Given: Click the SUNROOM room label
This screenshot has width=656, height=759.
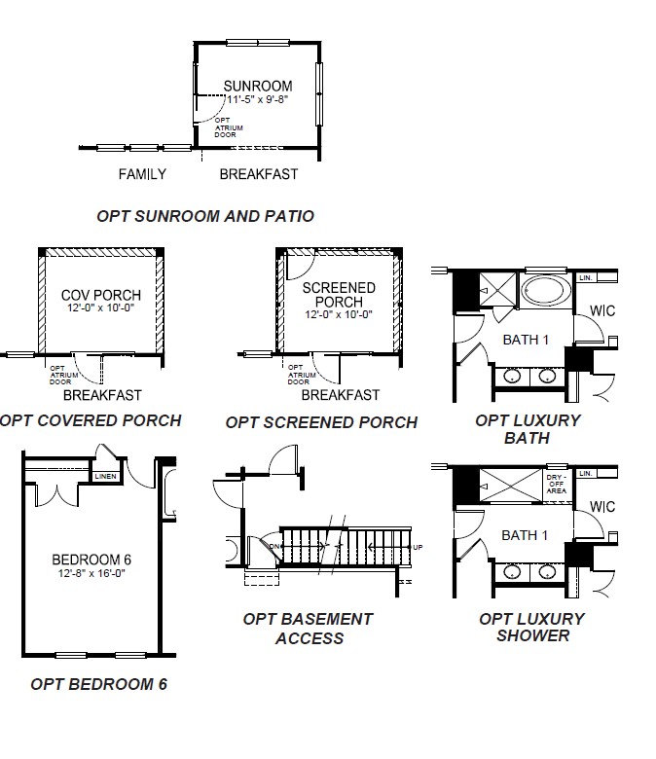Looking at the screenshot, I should coord(257,86).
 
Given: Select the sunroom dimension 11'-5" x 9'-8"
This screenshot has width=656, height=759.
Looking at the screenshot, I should coord(257,99).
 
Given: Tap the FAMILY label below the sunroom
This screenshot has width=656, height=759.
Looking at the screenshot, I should coord(142,175).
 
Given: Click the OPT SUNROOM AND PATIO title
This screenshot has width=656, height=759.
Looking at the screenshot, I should coord(205,216).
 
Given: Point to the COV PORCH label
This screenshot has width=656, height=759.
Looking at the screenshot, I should coord(100,295).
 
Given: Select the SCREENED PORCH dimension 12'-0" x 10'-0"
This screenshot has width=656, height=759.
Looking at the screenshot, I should coord(339,314).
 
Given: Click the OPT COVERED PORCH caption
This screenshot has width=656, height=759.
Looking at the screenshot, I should coord(91,420).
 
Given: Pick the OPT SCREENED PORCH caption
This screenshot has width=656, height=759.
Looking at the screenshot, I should coord(321,422).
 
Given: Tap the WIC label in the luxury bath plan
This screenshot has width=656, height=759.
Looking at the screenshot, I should coord(602,311).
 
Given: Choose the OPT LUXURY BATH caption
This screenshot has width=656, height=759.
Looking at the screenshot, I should coord(528,429).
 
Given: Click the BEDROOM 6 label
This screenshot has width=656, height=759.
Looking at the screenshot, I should coord(91,559).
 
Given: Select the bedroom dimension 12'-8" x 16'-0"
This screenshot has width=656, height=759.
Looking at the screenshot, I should coord(91,573).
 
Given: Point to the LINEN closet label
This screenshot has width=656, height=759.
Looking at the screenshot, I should coord(105,476).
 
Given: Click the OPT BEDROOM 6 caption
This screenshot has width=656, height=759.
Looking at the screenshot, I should coord(98,684).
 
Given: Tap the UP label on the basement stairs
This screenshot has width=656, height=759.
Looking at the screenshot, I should coord(419,547).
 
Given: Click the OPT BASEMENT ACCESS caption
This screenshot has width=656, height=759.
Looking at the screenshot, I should coord(309,629).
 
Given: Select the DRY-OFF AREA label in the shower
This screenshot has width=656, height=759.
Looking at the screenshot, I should coord(556,484).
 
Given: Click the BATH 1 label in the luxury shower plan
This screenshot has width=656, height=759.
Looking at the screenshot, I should coord(525,535).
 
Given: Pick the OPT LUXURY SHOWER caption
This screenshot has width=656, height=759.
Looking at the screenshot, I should coord(531,627).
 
